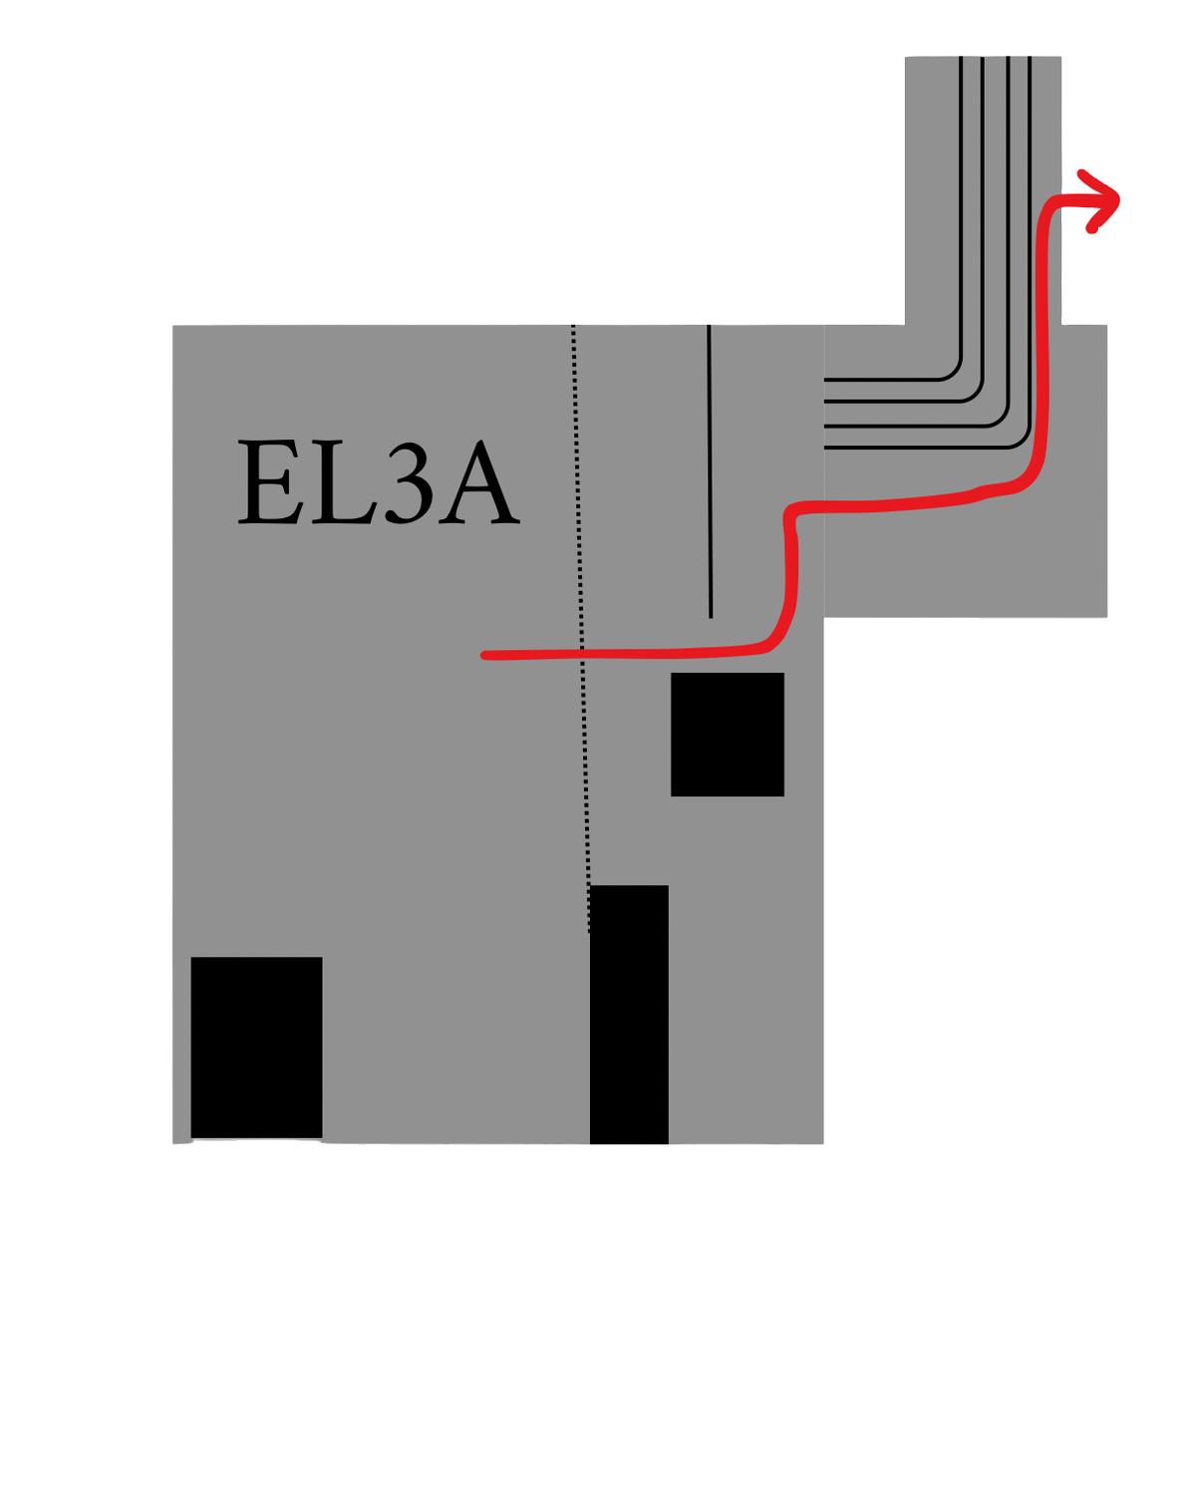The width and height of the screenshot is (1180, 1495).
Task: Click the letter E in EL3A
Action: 270,480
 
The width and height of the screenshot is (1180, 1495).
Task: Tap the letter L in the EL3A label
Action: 344,480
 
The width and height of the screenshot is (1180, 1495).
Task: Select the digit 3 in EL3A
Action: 410,482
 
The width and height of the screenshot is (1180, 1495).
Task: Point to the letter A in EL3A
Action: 479,480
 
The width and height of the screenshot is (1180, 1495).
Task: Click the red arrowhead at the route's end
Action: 1101,201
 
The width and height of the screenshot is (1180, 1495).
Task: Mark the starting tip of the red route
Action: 484,655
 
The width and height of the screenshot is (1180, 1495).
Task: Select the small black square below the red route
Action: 727,735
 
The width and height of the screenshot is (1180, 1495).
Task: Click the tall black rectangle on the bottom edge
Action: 629,1014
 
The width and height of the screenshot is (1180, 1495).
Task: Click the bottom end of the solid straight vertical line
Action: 711,618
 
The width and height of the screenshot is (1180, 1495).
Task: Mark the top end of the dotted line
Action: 573,326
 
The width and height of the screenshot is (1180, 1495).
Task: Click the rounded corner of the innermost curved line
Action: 954,373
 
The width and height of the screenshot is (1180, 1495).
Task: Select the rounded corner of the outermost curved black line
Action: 1023,441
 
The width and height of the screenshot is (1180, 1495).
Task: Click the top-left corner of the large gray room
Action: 173,325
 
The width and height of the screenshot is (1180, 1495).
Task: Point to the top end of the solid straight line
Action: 709,325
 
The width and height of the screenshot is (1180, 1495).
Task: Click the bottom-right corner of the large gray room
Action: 823,1143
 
